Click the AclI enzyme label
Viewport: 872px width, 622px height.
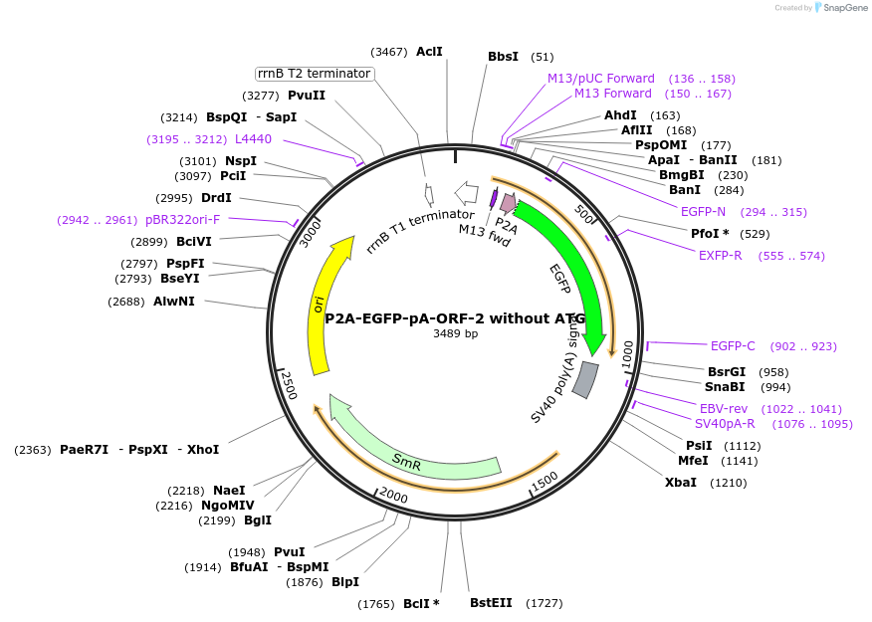point(429,51)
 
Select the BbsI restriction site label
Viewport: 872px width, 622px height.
point(503,57)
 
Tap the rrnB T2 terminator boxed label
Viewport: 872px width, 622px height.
point(314,74)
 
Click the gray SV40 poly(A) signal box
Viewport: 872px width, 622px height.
point(586,379)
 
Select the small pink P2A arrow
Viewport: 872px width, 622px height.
point(508,203)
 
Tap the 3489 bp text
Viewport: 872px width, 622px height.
point(455,333)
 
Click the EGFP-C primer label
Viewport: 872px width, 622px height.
point(733,346)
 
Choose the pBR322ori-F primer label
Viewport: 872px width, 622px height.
point(182,219)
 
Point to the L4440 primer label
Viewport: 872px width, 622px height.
point(253,139)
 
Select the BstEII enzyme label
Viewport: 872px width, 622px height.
point(491,603)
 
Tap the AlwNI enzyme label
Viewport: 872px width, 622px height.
point(174,301)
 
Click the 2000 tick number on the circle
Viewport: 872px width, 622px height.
point(393,497)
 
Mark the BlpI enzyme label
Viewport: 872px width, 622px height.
point(345,582)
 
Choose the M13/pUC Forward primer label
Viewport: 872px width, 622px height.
point(601,78)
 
